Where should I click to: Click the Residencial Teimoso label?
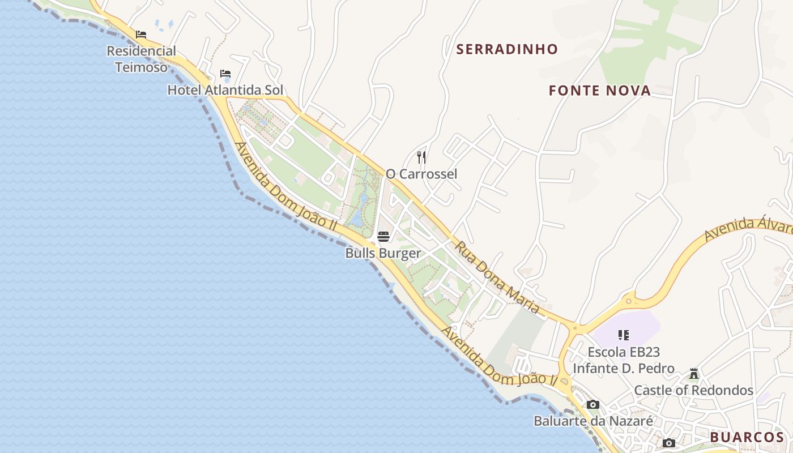142,59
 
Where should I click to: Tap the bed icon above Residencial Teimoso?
141,35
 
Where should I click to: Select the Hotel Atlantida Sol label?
225,90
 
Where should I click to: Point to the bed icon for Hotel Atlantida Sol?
225,74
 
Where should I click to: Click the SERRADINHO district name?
507,49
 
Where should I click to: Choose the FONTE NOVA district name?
599,91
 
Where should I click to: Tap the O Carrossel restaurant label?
421,174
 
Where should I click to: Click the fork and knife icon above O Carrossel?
421,157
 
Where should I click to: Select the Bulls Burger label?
383,253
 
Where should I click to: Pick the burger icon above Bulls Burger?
383,236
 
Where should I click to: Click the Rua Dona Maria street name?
497,278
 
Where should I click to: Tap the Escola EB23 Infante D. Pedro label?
623,360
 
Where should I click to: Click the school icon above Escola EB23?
624,335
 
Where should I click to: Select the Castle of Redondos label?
693,390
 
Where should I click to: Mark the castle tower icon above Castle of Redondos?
693,374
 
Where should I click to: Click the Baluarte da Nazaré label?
593,421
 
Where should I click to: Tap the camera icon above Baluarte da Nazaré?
593,404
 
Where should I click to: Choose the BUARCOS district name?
747,437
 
